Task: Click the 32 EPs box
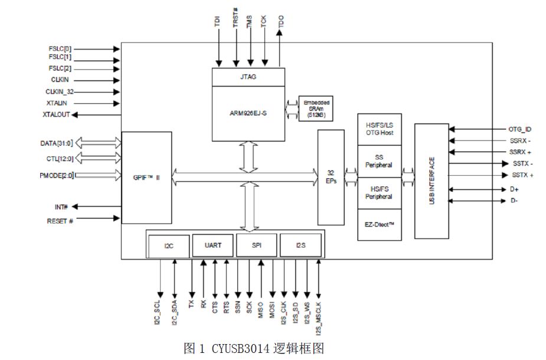331,177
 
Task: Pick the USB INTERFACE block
431,181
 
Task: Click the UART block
212,245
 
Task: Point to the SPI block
257,245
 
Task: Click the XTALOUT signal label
56,115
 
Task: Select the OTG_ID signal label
521,129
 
